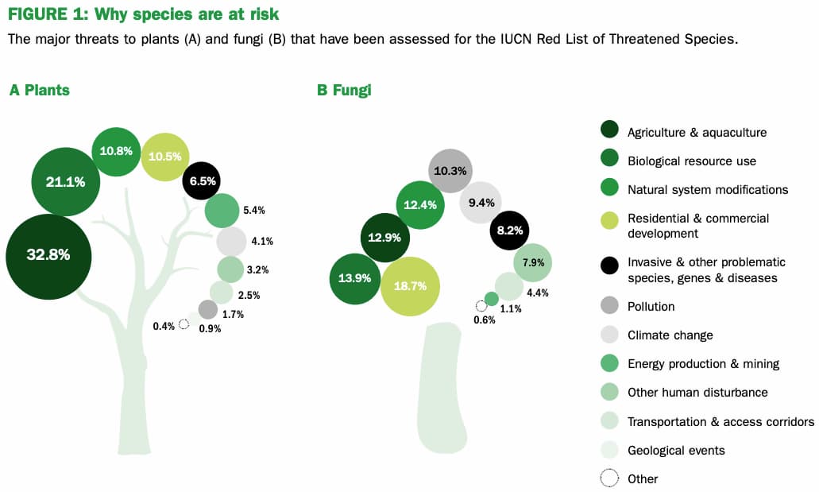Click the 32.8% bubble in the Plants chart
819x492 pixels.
click(x=48, y=256)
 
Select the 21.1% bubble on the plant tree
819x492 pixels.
click(x=66, y=182)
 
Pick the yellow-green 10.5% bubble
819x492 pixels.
click(x=164, y=157)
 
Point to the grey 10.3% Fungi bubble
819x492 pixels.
click(x=450, y=171)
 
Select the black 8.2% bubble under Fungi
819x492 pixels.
click(x=509, y=231)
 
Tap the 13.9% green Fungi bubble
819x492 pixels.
click(x=354, y=278)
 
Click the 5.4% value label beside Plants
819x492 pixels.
click(x=253, y=211)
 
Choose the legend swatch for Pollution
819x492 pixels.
click(x=609, y=306)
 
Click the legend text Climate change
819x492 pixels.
click(x=670, y=335)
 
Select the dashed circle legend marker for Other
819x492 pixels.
click(x=609, y=478)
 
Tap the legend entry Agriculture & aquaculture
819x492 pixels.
click(x=697, y=133)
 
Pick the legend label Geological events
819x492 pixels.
click(x=675, y=450)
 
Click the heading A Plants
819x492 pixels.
click(x=39, y=91)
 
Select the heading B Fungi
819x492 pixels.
click(x=344, y=91)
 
